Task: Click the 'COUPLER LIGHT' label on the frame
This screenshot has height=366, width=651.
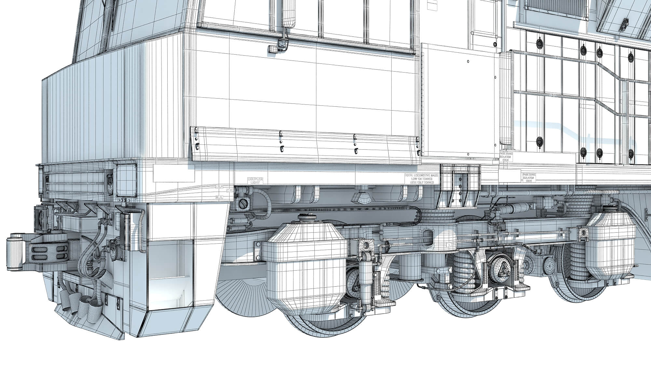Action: pyautogui.click(x=255, y=181)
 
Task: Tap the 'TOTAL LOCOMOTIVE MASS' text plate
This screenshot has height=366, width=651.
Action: pyautogui.click(x=422, y=179)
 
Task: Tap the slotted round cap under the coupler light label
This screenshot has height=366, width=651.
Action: pyautogui.click(x=243, y=204)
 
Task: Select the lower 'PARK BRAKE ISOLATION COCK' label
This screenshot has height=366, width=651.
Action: pyautogui.click(x=529, y=178)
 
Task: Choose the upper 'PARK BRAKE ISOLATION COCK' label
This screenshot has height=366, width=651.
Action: pyautogui.click(x=506, y=157)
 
